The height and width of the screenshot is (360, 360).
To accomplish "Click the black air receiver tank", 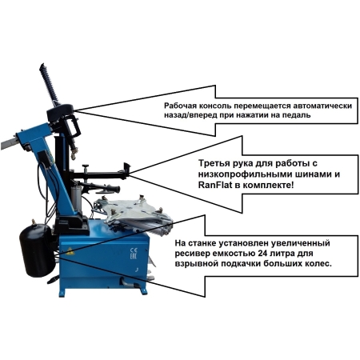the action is coord(37,250).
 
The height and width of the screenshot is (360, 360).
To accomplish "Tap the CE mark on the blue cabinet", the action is coord(134,250).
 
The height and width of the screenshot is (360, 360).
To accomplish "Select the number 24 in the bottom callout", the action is coord(263,253).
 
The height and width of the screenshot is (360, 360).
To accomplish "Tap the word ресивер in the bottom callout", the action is coord(190,254).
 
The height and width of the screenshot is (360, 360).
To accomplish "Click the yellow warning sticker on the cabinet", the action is coord(70,251).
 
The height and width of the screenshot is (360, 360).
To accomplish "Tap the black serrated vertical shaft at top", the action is coord(49,83).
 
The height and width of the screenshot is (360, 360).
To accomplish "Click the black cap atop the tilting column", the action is coord(60,112).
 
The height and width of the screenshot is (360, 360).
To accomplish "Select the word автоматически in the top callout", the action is coord(322,106).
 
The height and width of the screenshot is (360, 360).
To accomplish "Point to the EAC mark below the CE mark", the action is coord(133,257).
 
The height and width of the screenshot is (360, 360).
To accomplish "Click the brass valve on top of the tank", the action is coord(34,222).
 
